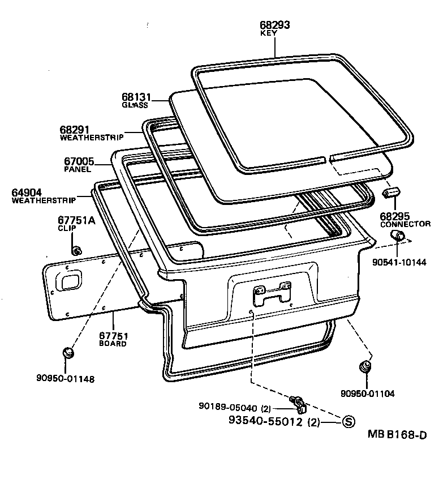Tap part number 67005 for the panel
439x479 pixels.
[79, 161]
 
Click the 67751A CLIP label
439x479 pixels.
[76, 220]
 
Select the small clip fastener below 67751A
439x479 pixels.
[76, 250]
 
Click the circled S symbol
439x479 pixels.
[349, 421]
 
